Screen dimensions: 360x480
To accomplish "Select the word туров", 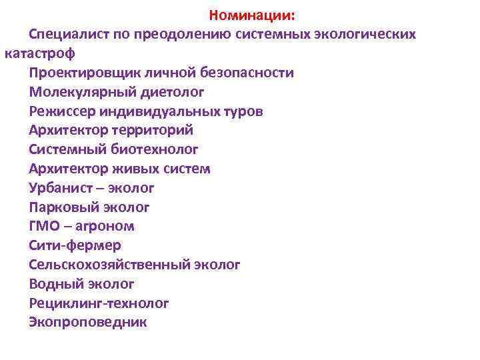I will click(245, 111).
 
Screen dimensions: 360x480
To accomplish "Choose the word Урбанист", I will click(59, 188).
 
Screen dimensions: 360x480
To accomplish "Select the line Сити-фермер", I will click(75, 245).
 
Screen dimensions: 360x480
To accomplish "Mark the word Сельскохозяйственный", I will click(109, 265).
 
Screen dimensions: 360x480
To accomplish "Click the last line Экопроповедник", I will click(88, 323).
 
